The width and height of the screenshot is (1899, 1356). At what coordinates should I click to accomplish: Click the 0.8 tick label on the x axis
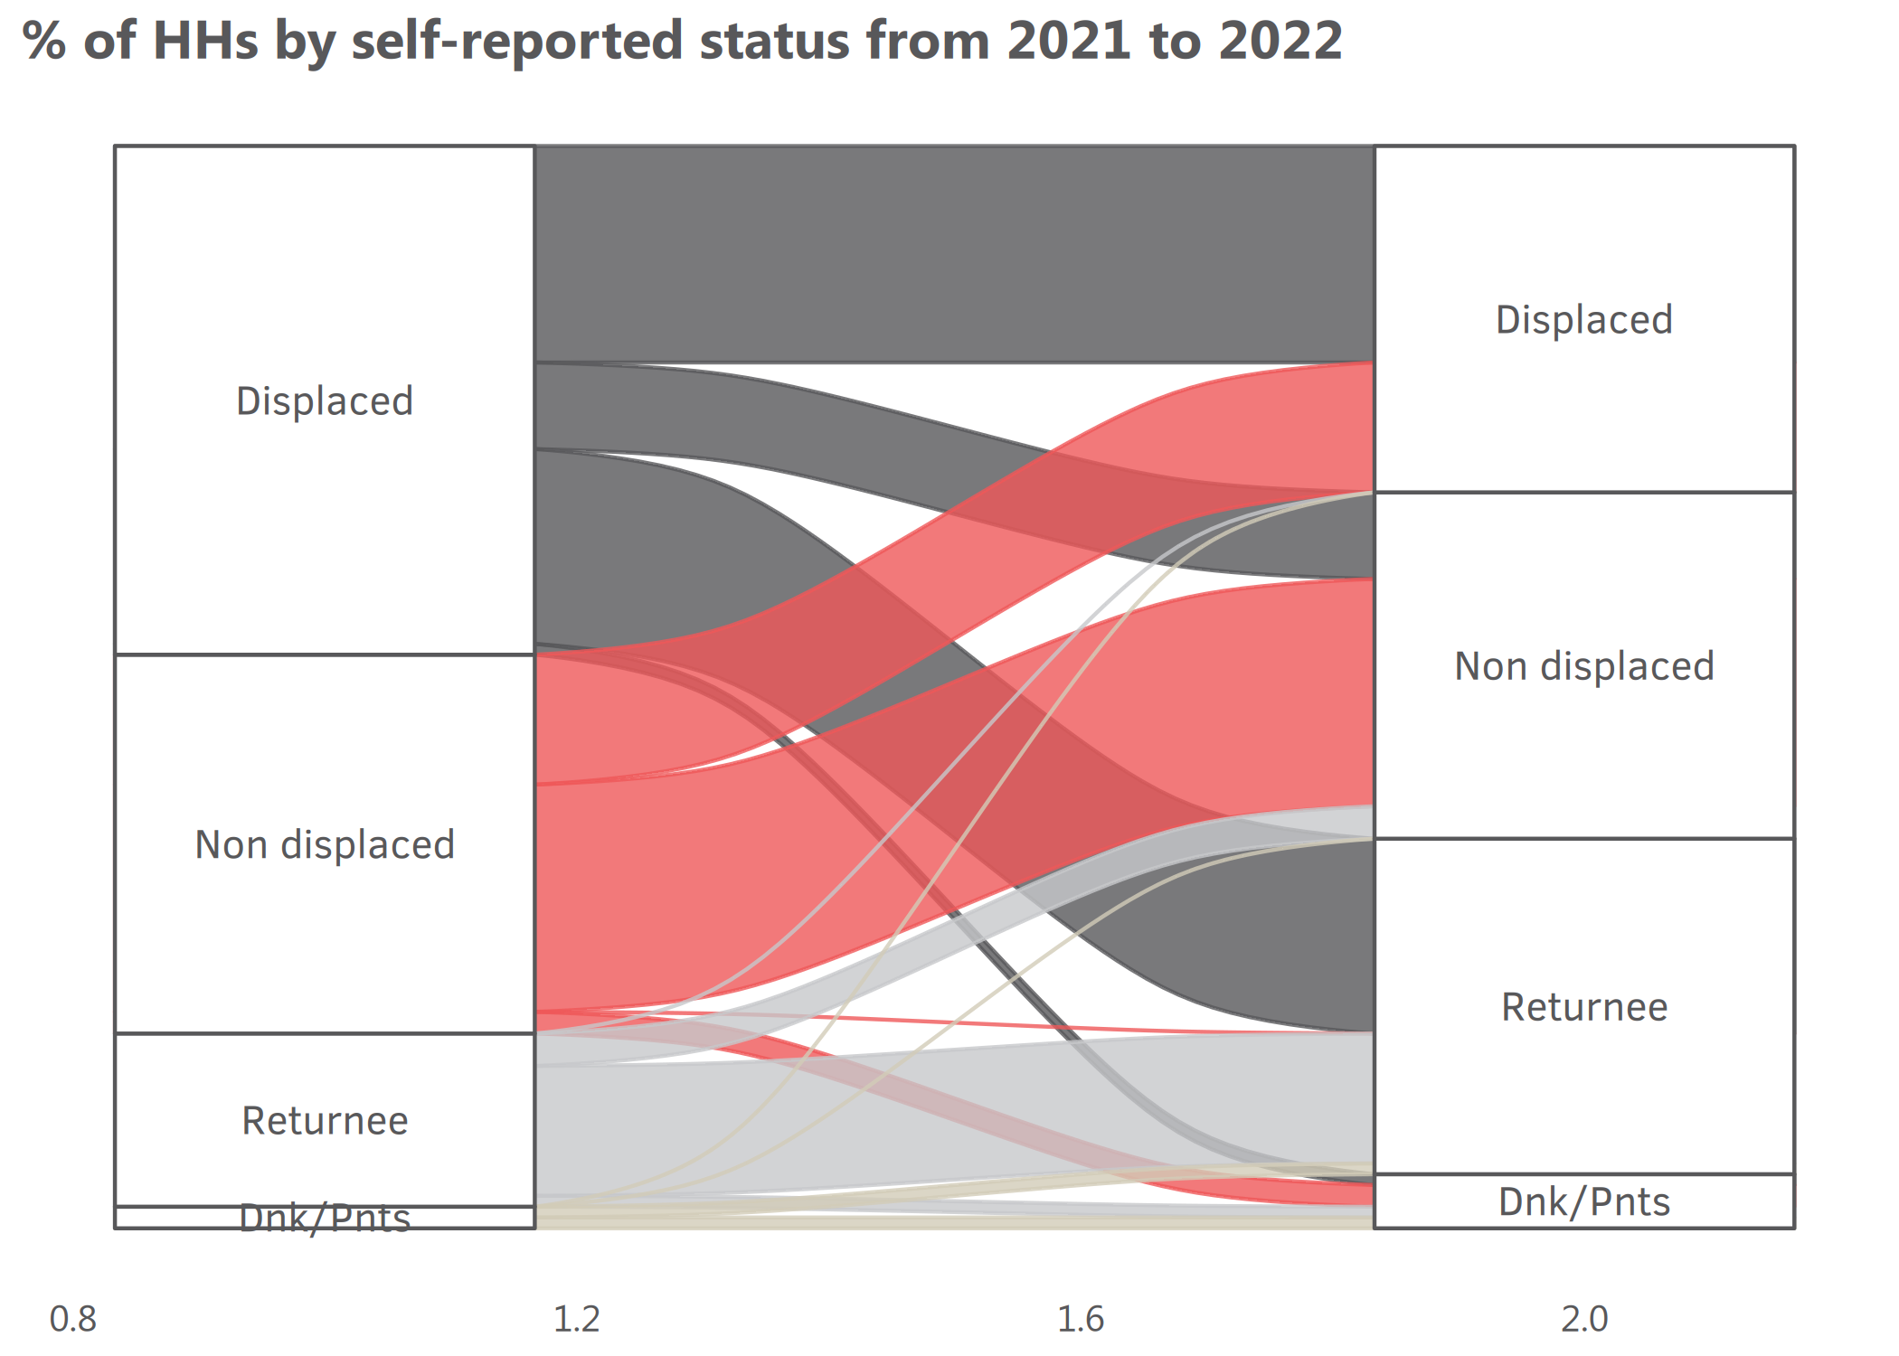pyautogui.click(x=72, y=1320)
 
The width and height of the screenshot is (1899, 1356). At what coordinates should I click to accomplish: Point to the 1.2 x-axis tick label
pyautogui.click(x=576, y=1320)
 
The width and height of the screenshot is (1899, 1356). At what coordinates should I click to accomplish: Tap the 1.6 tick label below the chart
pyautogui.click(x=1081, y=1320)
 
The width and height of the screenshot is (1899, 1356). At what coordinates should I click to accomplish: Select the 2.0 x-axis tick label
pyautogui.click(x=1584, y=1320)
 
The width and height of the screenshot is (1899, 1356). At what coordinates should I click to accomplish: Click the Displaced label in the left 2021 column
pyautogui.click(x=325, y=401)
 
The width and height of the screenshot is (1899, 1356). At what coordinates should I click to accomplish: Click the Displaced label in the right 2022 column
pyautogui.click(x=1584, y=320)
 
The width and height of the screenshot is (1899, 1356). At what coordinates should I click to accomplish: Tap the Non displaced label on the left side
pyautogui.click(x=325, y=845)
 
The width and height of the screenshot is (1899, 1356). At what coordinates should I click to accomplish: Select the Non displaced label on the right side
pyautogui.click(x=1584, y=666)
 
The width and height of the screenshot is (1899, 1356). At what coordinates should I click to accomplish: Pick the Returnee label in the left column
pyautogui.click(x=325, y=1121)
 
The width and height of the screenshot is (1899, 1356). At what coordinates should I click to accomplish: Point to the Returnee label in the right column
pyautogui.click(x=1584, y=1007)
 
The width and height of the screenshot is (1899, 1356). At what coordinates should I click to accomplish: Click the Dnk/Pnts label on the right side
pyautogui.click(x=1584, y=1202)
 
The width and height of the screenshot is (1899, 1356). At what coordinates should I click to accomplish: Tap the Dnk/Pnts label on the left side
pyautogui.click(x=325, y=1219)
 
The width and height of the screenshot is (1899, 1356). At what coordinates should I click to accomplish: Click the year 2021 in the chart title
pyautogui.click(x=1068, y=41)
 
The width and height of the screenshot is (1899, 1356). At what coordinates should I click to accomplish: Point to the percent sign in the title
pyautogui.click(x=44, y=41)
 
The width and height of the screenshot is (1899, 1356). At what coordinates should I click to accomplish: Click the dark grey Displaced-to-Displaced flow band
pyautogui.click(x=954, y=254)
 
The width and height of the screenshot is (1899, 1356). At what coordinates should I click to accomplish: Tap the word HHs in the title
pyautogui.click(x=206, y=41)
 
